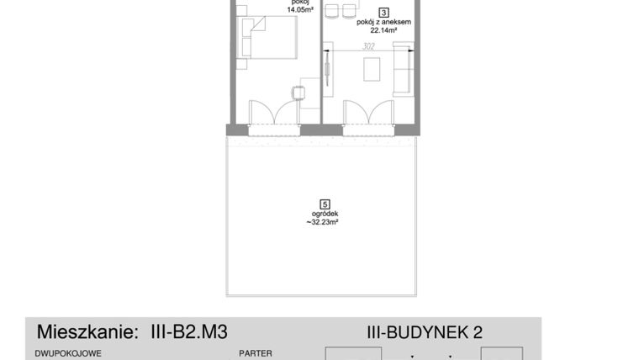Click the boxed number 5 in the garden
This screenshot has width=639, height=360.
(x=325, y=203)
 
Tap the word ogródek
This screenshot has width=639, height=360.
(x=325, y=214)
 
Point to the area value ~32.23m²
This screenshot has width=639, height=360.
(x=325, y=224)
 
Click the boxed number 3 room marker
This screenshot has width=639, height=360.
(x=384, y=13)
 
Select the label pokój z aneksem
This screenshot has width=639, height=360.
(x=384, y=24)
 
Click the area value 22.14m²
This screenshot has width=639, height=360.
(x=383, y=33)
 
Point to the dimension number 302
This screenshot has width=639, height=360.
(x=367, y=48)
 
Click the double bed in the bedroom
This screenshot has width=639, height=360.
(x=271, y=40)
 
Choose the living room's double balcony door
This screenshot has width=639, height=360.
(x=367, y=114)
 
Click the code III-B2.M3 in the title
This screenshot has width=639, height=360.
(x=183, y=330)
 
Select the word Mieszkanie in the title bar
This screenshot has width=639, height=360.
(x=81, y=330)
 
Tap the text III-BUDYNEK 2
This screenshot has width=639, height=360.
(x=425, y=332)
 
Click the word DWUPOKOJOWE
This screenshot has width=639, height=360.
(x=68, y=354)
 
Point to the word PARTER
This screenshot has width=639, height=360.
(x=256, y=354)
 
